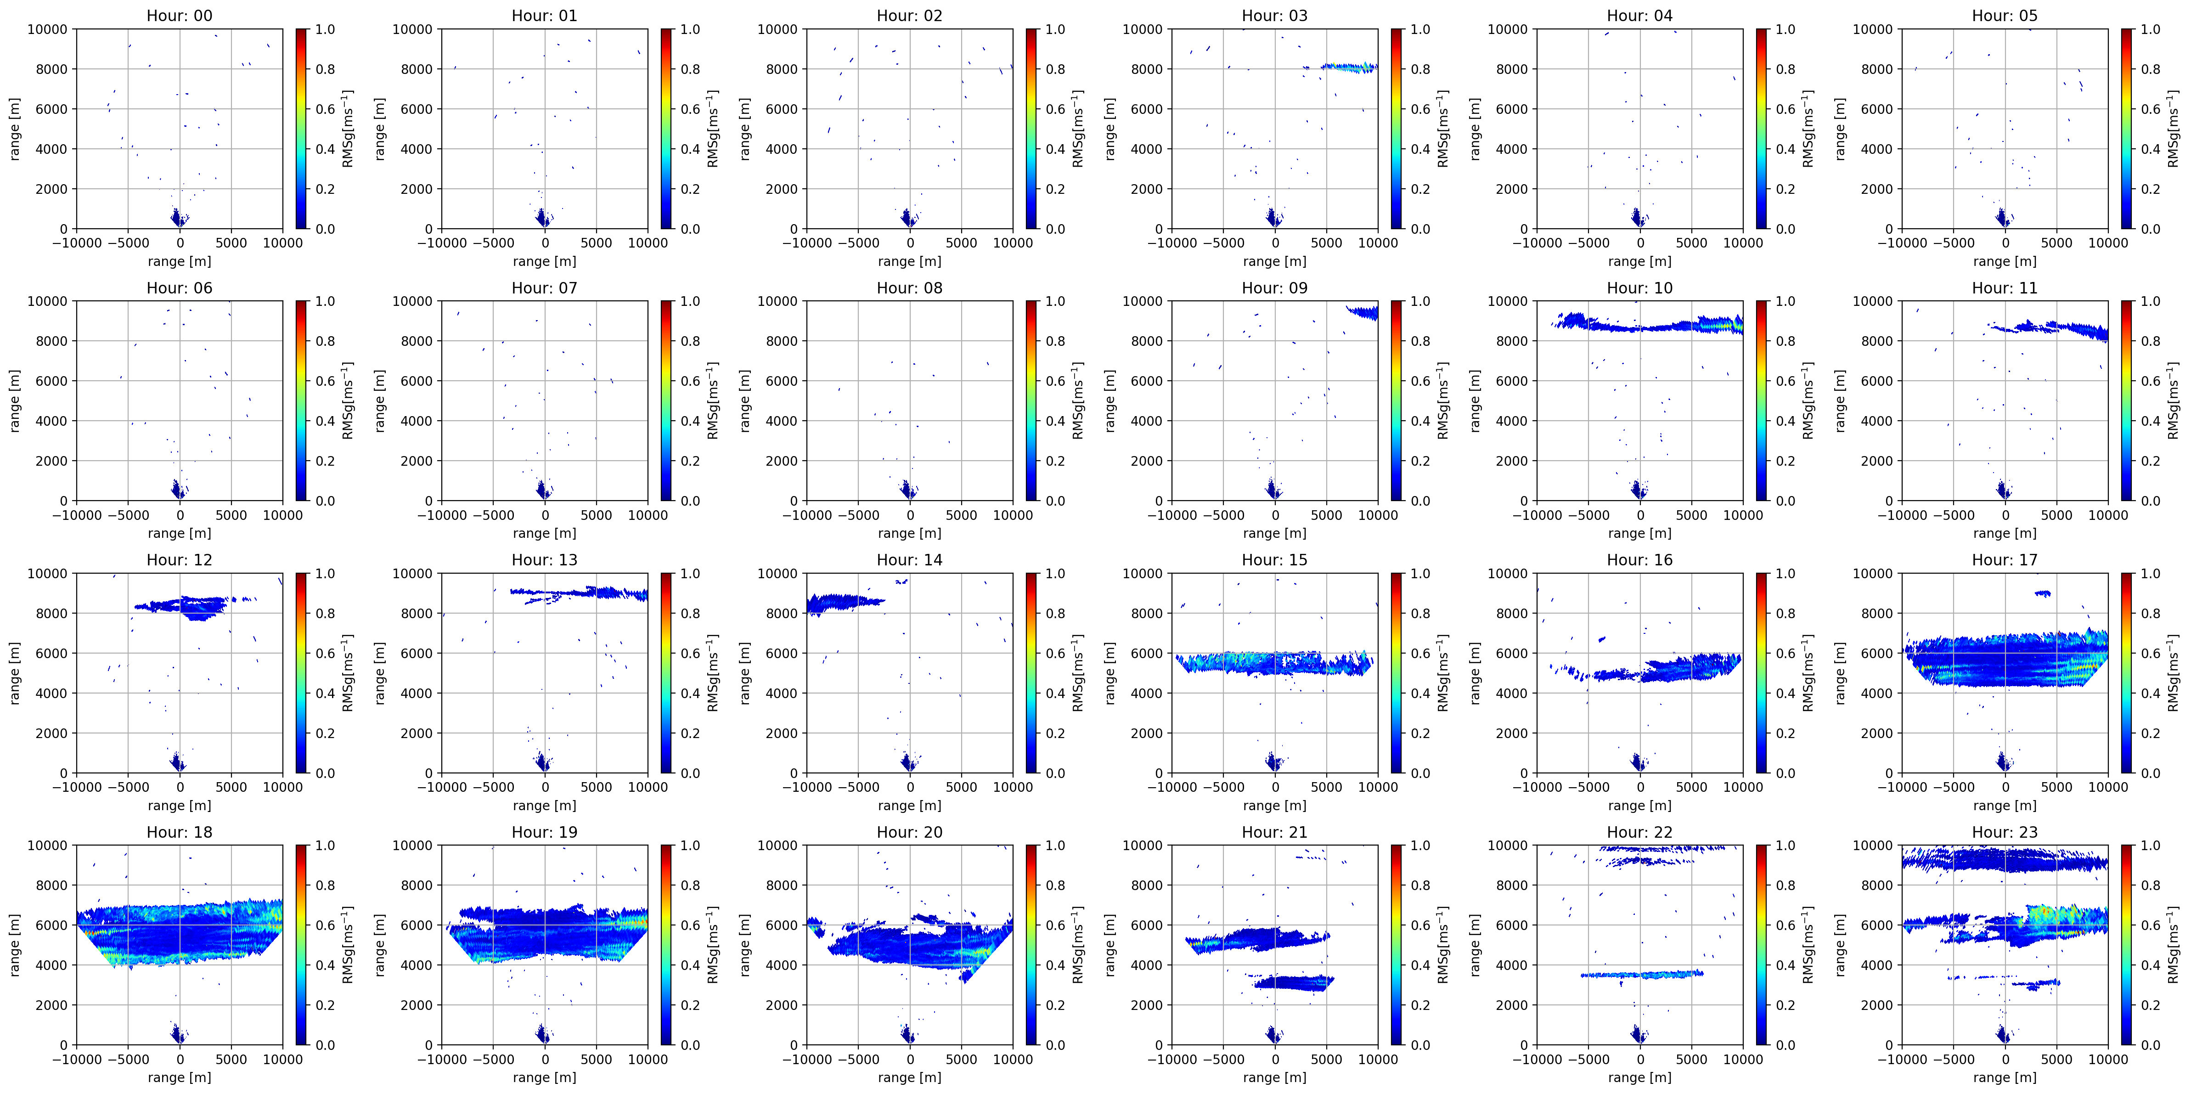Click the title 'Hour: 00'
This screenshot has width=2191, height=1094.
[x=180, y=15]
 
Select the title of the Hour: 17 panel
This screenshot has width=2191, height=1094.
[x=2005, y=560]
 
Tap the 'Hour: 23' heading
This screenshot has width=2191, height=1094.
[x=2005, y=832]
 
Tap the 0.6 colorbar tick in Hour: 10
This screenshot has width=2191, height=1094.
[x=1785, y=381]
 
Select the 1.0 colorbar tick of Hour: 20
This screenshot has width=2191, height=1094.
[x=1055, y=846]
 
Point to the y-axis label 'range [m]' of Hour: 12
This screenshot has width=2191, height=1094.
[x=14, y=673]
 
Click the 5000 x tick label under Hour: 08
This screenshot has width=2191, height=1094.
[x=961, y=515]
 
